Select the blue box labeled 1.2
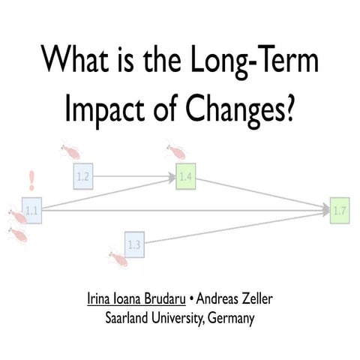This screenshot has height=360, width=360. [x=83, y=178]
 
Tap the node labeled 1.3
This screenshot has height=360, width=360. [x=134, y=244]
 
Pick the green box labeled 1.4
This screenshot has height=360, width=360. [x=186, y=178]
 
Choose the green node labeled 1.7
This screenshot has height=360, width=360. [x=339, y=211]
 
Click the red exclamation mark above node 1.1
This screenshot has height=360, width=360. [x=31, y=181]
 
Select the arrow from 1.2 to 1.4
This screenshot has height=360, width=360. [x=135, y=178]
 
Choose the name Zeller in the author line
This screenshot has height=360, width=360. [x=253, y=301]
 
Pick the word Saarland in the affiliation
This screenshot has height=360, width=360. [x=136, y=318]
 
